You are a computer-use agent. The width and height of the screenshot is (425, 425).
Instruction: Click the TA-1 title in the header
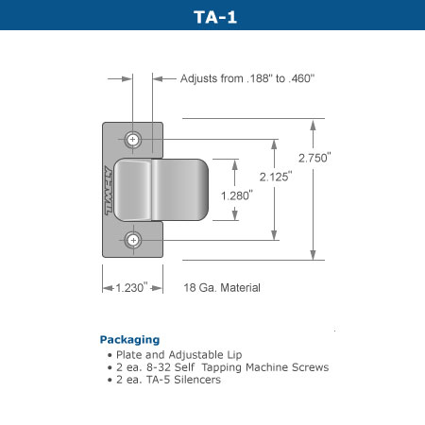click(212, 15)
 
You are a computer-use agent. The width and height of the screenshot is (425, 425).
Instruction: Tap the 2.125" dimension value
click(277, 175)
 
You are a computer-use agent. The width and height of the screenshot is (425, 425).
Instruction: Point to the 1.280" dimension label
click(235, 195)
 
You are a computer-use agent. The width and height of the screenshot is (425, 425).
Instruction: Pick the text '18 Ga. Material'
click(222, 287)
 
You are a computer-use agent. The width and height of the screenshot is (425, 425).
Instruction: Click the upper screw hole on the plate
click(134, 140)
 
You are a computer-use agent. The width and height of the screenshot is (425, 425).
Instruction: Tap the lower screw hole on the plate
click(134, 241)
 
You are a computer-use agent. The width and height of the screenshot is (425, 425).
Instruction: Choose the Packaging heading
click(129, 339)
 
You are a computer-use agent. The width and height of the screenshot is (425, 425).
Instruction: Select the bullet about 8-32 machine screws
click(221, 366)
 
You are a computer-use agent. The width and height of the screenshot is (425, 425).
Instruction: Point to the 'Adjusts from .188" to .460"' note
click(246, 78)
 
